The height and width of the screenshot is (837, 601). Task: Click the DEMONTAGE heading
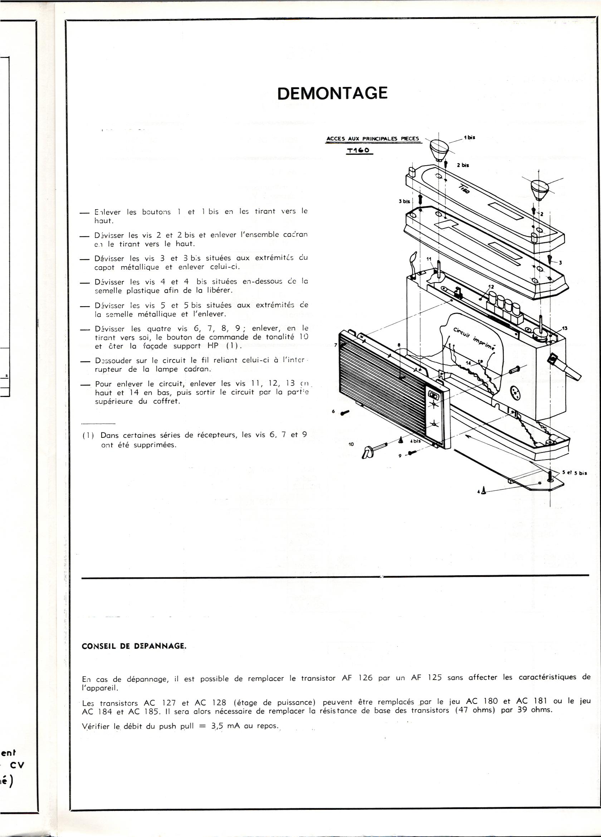pos(332,93)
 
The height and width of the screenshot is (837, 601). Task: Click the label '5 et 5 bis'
pos(575,474)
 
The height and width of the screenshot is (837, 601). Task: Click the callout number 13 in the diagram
pos(565,328)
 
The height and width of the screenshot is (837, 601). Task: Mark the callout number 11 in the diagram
pos(429,259)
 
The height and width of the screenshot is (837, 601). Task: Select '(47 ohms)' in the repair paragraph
pos(475,710)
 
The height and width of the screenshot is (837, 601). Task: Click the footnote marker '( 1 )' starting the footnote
pos(88,435)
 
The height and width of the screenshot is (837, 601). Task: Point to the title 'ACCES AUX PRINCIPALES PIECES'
pos(373,139)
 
